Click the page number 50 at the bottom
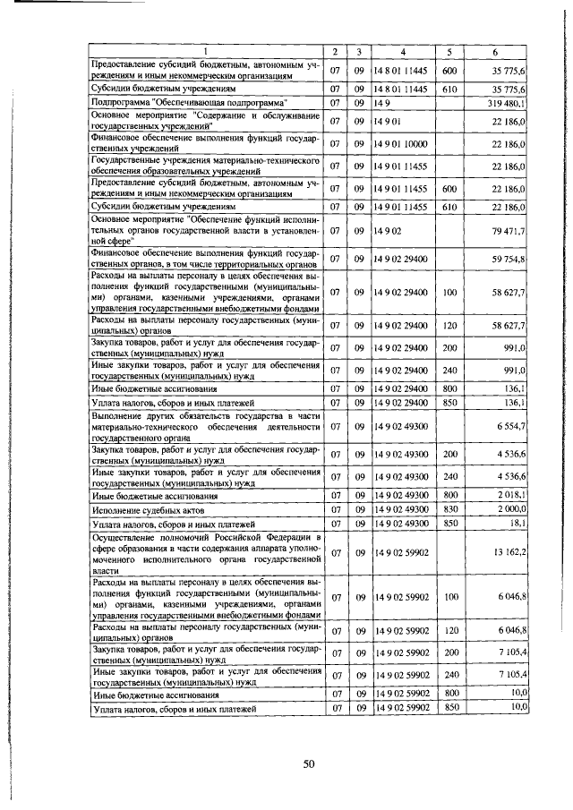309,763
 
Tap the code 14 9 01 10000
403,143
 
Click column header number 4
403,51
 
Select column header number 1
206,51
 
